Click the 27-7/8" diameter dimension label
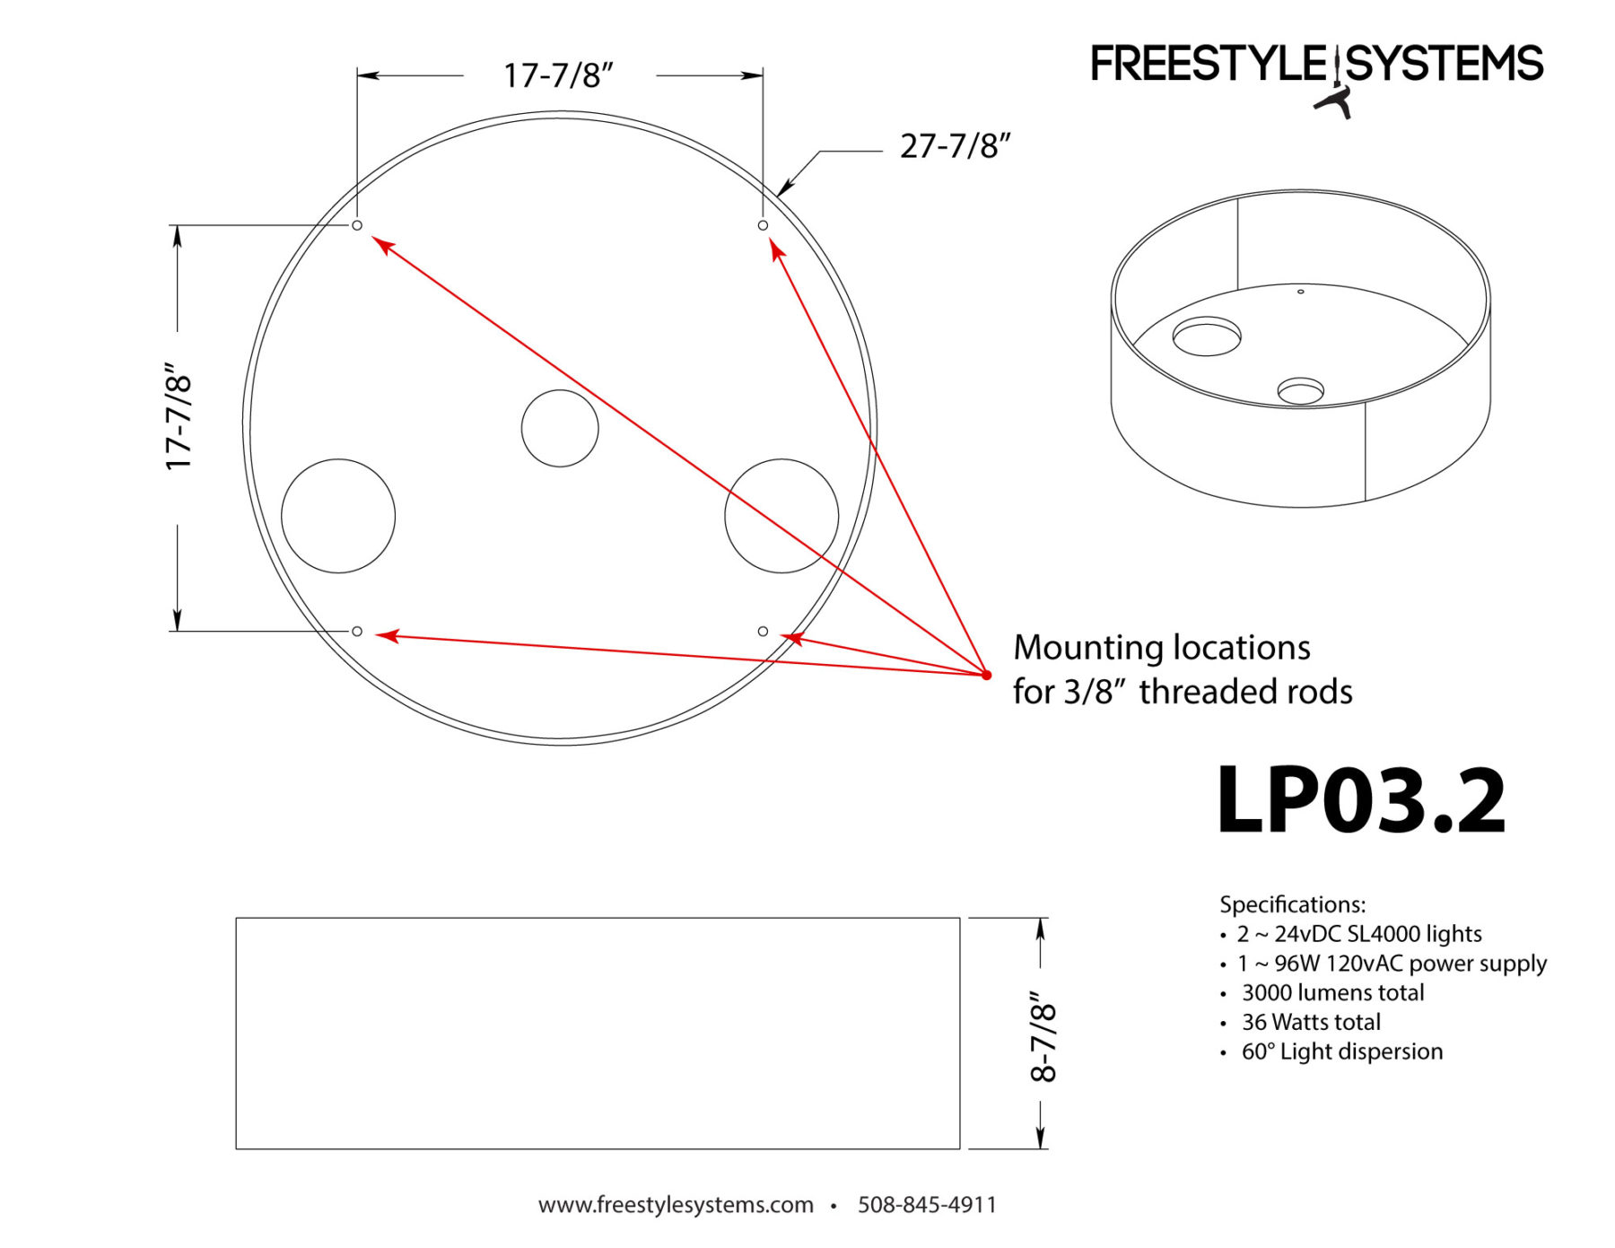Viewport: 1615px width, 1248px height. pyautogui.click(x=955, y=146)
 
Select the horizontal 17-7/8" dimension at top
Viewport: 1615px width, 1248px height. pyautogui.click(x=558, y=76)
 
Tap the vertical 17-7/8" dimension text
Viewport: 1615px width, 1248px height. pyautogui.click(x=179, y=417)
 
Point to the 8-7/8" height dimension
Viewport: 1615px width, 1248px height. pyautogui.click(x=1043, y=1036)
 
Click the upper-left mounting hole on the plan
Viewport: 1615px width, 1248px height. pyautogui.click(x=357, y=225)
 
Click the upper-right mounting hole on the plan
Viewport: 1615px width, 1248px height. pyautogui.click(x=763, y=225)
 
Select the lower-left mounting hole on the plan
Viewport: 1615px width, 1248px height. pyautogui.click(x=357, y=632)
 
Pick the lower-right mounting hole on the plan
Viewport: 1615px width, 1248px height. pyautogui.click(x=763, y=632)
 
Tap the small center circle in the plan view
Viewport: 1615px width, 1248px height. pyautogui.click(x=560, y=428)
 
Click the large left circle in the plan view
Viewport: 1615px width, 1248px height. pyautogui.click(x=338, y=516)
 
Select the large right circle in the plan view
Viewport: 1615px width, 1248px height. pyautogui.click(x=781, y=516)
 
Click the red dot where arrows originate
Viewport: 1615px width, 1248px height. pyautogui.click(x=986, y=675)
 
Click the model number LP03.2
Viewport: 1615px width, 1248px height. pyautogui.click(x=1360, y=800)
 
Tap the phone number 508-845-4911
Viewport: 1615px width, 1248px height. pyautogui.click(x=927, y=1204)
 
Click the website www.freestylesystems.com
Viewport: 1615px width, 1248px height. pyautogui.click(x=676, y=1204)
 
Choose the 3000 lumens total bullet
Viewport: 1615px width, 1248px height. pyautogui.click(x=1332, y=992)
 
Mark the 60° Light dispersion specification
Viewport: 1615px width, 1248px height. pyautogui.click(x=1341, y=1052)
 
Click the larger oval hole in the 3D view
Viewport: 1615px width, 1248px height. pyautogui.click(x=1207, y=336)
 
